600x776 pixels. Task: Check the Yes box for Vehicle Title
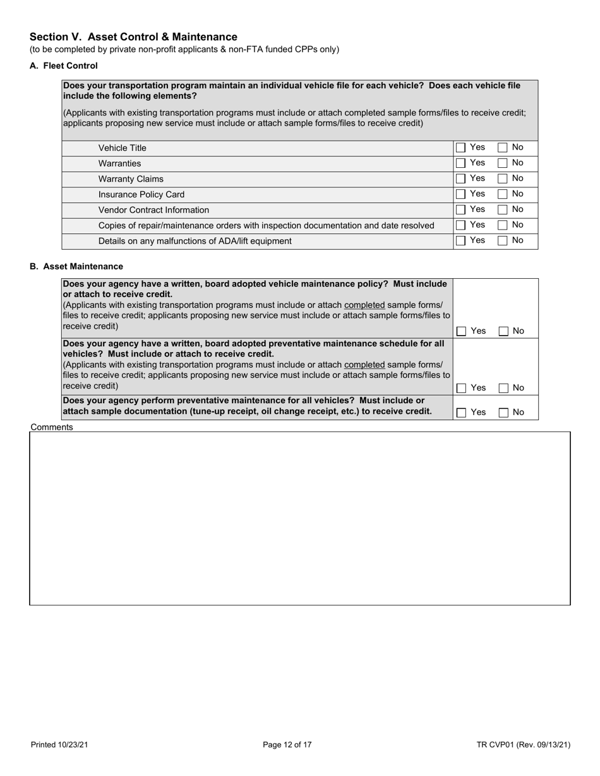tap(461, 148)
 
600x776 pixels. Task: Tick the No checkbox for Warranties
tap(503, 163)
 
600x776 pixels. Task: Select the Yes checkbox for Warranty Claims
tap(461, 179)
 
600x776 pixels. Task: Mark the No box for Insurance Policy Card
tap(503, 194)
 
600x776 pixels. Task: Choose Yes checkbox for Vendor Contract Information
tap(461, 209)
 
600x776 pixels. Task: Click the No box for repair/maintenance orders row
tap(503, 225)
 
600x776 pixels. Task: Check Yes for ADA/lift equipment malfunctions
tap(461, 240)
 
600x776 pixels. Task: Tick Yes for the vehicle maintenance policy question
tap(462, 331)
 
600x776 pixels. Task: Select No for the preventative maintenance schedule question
tap(503, 389)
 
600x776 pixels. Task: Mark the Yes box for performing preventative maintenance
tap(462, 413)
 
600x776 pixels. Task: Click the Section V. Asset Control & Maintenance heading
tap(133, 37)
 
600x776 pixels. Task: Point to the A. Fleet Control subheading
tap(64, 66)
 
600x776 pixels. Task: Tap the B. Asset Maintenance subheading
tap(76, 267)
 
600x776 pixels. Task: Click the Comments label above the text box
tap(52, 427)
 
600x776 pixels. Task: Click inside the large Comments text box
tap(300, 518)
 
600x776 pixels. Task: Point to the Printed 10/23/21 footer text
tap(59, 744)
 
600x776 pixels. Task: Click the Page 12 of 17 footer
tap(287, 744)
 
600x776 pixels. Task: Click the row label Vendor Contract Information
tap(153, 210)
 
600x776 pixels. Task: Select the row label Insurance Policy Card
tap(141, 194)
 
